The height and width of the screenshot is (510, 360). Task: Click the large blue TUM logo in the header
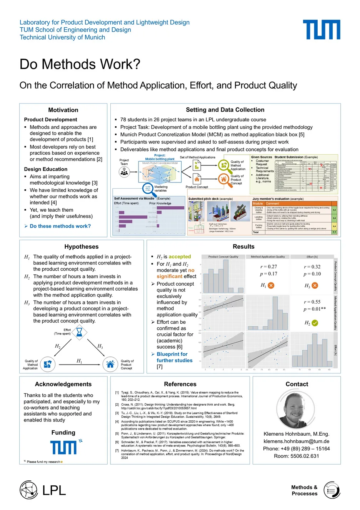tap(321, 30)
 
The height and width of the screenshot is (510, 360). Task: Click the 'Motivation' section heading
tap(63, 110)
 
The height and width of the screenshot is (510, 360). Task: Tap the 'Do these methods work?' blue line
tap(60, 226)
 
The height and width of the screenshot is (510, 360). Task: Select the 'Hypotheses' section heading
tap(81, 247)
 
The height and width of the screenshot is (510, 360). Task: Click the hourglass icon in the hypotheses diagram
tap(79, 331)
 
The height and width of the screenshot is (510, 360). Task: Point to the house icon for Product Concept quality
tap(110, 364)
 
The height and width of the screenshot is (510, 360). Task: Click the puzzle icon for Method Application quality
tap(47, 364)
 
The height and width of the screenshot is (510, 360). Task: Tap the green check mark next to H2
tap(315, 323)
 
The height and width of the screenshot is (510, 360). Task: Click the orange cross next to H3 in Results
tap(315, 285)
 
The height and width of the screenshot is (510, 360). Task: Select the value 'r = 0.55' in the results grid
tap(312, 302)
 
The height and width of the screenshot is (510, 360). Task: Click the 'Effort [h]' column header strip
tap(312, 257)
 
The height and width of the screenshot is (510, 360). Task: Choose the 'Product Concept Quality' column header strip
tap(223, 257)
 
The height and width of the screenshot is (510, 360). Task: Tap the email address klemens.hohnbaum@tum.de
tap(296, 441)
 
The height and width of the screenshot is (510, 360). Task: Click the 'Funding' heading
tap(63, 433)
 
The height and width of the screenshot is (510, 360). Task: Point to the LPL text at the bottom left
tap(54, 490)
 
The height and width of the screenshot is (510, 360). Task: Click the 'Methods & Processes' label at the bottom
tap(304, 490)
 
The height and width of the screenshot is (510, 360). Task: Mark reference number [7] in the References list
tap(117, 450)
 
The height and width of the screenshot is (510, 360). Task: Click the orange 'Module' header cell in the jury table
tap(258, 204)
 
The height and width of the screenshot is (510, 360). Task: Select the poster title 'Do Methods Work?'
tap(80, 64)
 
